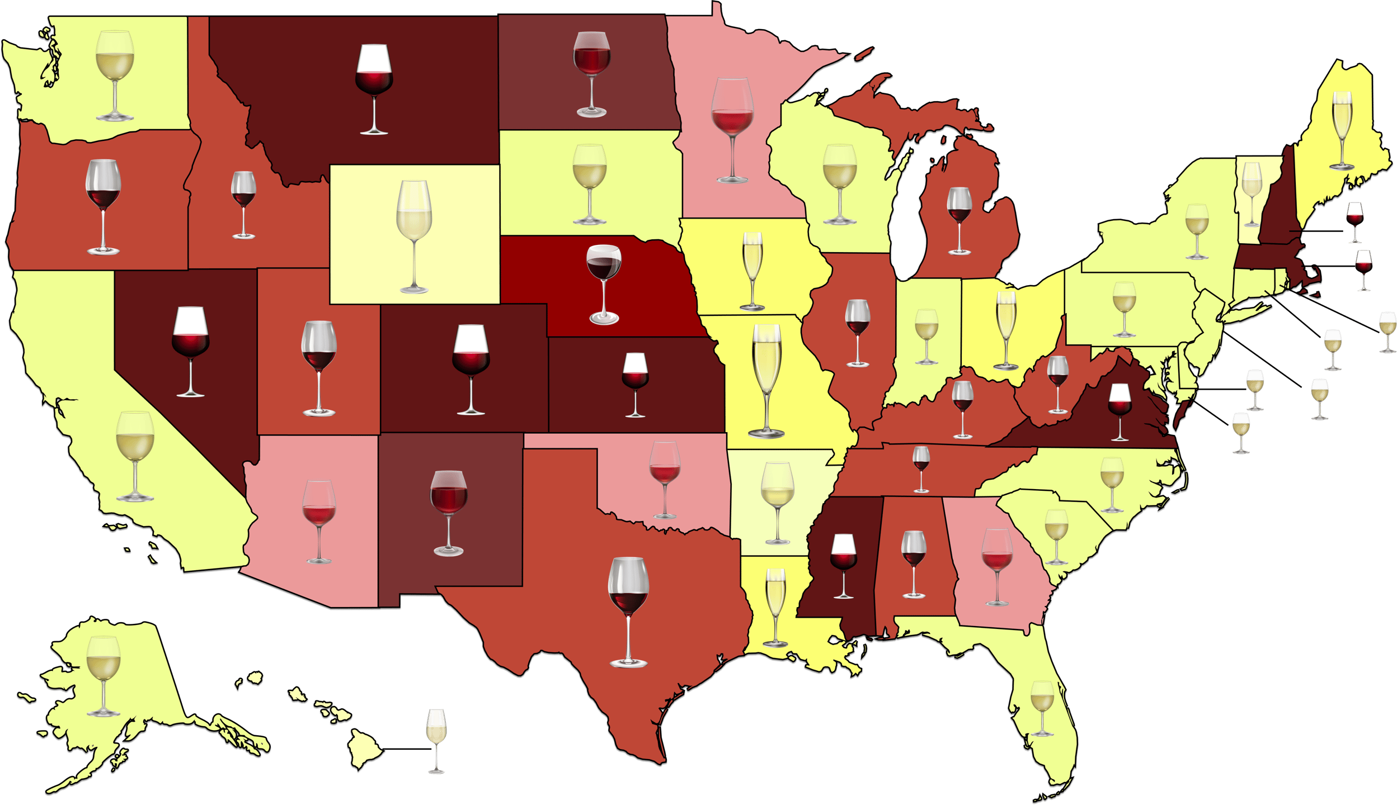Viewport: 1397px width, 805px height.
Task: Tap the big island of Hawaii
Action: pyautogui.click(x=365, y=751)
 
